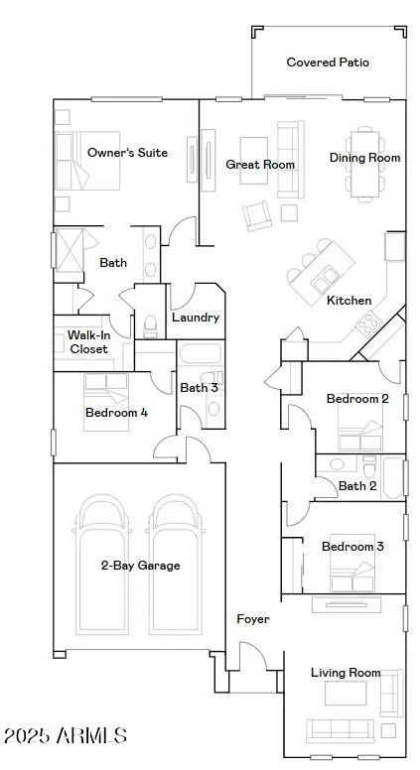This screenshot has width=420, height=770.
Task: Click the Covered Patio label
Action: pos(328,63)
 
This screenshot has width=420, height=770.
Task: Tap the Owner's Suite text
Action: pos(127,152)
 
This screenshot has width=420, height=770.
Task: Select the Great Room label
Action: pos(260,164)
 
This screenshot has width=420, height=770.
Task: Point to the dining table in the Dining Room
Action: pos(364,164)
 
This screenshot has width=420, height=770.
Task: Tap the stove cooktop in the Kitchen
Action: pos(369,323)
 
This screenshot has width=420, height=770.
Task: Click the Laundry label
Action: pos(196,318)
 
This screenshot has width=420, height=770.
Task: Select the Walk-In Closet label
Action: pos(88,341)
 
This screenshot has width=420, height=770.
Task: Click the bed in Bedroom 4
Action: pos(105,402)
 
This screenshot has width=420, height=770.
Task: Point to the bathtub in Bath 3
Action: pos(201,353)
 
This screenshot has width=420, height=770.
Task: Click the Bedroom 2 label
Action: pos(357,398)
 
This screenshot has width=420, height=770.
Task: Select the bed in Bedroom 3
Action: pos(351,563)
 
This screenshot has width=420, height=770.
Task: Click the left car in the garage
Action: pos(102,564)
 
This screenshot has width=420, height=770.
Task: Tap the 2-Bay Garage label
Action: pos(140,566)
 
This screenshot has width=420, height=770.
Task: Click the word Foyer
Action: pos(253,619)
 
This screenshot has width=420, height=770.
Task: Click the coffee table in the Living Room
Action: pos(346,693)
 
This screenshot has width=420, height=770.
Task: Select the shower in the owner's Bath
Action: pos(70,250)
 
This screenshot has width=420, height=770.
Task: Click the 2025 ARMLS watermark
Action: pos(66,735)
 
